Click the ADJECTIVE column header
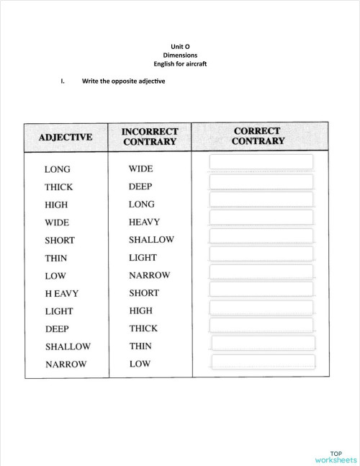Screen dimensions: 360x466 66,137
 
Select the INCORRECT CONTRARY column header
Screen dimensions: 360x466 150,137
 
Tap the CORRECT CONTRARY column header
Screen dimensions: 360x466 257,136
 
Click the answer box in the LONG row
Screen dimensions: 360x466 261,163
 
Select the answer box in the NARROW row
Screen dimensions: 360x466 263,362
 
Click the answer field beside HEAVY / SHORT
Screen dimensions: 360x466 261,290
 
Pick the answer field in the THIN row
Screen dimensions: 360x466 261,254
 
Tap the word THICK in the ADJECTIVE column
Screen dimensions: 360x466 58,187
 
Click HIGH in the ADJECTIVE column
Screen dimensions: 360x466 56,205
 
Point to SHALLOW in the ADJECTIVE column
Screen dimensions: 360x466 68,346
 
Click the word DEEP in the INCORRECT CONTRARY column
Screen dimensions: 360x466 140,187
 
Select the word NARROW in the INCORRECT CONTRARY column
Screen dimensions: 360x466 149,275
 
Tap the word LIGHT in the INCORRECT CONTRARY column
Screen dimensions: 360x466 143,257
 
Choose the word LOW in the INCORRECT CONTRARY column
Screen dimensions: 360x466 140,364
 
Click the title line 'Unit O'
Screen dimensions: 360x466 180,47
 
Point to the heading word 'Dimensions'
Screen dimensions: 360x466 180,55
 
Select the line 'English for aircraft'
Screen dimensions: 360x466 180,63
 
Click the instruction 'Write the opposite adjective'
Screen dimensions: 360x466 123,81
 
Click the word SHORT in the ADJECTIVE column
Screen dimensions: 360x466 59,241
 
